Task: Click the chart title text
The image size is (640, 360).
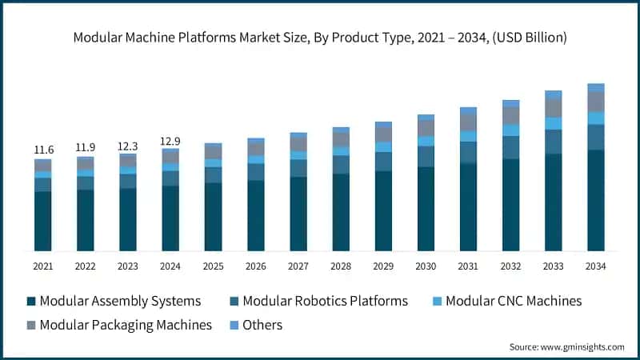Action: point(320,38)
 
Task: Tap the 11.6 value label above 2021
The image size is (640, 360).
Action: point(43,150)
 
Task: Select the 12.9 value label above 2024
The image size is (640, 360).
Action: point(170,141)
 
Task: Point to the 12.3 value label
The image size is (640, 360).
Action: point(128,146)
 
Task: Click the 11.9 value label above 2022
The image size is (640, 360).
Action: point(86,147)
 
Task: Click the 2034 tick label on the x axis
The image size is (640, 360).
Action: point(595,266)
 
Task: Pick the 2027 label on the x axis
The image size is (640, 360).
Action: point(298,266)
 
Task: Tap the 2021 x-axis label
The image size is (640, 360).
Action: point(43,266)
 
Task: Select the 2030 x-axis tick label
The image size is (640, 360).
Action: point(426,266)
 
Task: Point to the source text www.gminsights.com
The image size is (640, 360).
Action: point(566,346)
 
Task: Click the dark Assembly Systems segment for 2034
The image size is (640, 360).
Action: point(595,200)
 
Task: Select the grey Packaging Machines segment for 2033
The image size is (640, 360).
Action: point(553,107)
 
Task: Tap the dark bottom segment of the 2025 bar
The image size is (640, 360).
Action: point(213,217)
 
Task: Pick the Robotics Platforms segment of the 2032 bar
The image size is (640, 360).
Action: point(510,147)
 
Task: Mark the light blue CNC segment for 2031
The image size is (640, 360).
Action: point(468,136)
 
